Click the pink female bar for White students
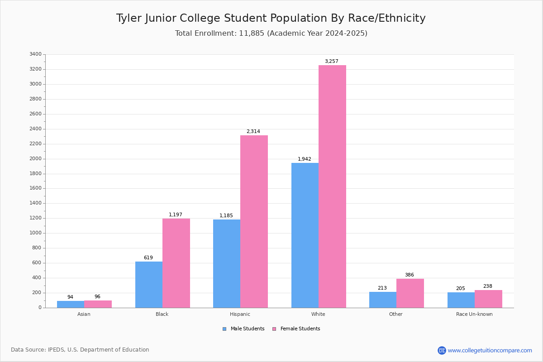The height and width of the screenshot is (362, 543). [332, 186]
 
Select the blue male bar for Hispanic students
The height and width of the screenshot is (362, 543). [227, 263]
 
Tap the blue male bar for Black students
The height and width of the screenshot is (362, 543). [149, 285]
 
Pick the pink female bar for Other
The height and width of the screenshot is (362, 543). [410, 293]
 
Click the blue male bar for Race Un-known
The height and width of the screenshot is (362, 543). [461, 300]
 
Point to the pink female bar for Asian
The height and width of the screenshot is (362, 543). [98, 304]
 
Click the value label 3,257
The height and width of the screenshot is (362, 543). [332, 62]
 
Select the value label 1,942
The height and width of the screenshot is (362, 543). [305, 159]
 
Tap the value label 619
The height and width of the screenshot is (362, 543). [148, 257]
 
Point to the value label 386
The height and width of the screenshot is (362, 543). [410, 275]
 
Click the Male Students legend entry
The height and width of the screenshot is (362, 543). [243, 329]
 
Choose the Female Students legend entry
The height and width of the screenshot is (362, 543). [296, 329]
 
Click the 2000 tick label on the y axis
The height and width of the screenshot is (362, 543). [36, 158]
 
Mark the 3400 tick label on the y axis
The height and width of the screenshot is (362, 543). [36, 54]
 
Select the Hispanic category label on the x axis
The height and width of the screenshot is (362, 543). [240, 314]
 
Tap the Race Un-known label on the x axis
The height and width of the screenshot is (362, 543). [474, 314]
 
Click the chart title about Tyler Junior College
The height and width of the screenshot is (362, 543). [271, 18]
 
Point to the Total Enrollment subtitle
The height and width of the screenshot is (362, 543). [271, 33]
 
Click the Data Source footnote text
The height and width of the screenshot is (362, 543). [80, 350]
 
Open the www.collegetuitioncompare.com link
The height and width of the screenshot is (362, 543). [490, 350]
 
